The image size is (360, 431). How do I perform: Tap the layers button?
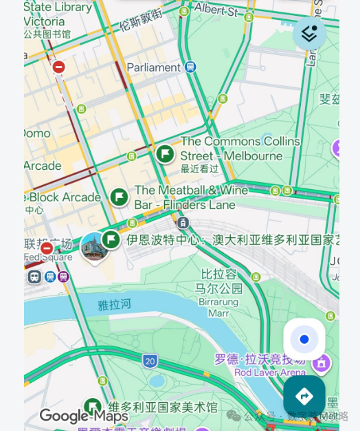click(309, 33)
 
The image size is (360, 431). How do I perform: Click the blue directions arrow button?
click(304, 396)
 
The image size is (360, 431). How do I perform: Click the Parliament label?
click(154, 67)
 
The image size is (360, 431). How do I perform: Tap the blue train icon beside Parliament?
click(190, 67)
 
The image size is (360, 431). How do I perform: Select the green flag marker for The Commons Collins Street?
click(165, 153)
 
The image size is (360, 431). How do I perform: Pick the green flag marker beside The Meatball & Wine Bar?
click(119, 197)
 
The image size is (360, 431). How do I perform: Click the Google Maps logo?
click(84, 416)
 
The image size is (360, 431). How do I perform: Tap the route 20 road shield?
click(150, 361)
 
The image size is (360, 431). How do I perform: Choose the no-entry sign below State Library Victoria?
click(59, 67)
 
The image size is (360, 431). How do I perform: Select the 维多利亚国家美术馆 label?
click(163, 407)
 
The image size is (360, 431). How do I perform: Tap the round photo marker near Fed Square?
click(94, 247)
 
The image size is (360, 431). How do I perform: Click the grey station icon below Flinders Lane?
click(183, 223)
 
